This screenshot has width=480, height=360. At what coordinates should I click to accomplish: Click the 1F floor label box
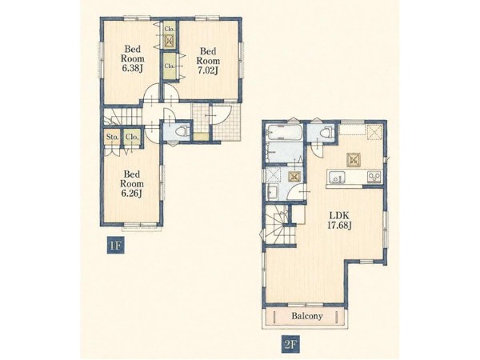point(116,246)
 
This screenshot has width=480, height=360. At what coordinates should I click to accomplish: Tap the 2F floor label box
point(290,345)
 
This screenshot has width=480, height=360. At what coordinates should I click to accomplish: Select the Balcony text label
point(307,316)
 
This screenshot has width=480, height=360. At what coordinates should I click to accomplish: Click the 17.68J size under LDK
point(339,226)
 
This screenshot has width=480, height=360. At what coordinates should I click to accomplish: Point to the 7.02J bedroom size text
point(208,70)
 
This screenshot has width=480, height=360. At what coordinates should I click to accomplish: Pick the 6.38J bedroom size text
point(133,68)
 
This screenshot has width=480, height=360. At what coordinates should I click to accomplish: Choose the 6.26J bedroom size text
point(132,194)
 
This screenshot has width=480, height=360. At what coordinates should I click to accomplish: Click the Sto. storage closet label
point(112,137)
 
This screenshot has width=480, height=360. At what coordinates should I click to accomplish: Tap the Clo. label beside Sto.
point(132,137)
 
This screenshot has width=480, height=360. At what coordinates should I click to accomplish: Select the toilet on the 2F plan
point(326,132)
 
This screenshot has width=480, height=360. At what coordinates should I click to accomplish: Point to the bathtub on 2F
point(284,132)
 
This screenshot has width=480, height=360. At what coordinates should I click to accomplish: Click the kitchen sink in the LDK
point(337,177)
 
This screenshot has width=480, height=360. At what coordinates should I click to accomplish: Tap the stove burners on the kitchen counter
point(374,177)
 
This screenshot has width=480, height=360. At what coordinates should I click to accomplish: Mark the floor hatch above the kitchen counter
point(354,159)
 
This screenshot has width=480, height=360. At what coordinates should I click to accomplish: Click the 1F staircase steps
point(123,116)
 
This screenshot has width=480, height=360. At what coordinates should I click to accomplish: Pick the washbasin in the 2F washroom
point(272,192)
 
